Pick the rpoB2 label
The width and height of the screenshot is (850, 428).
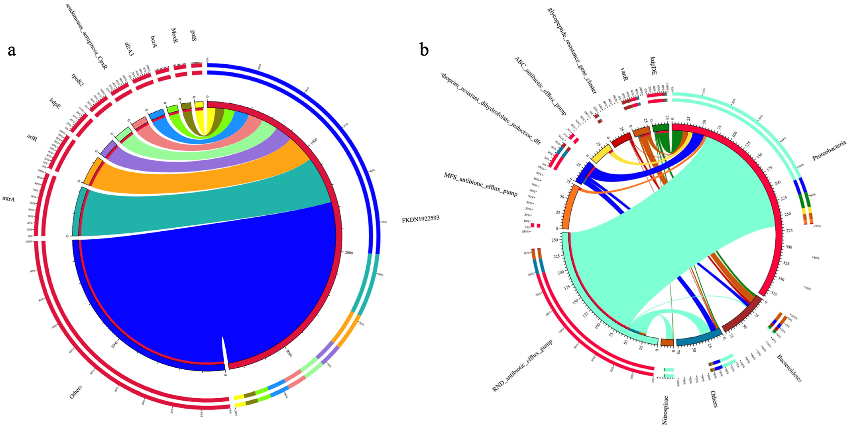[78, 80]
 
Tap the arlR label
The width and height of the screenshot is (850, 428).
[32, 138]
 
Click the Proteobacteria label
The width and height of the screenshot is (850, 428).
[829, 150]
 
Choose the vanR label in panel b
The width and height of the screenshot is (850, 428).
[624, 75]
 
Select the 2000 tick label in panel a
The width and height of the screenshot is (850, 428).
[348, 253]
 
